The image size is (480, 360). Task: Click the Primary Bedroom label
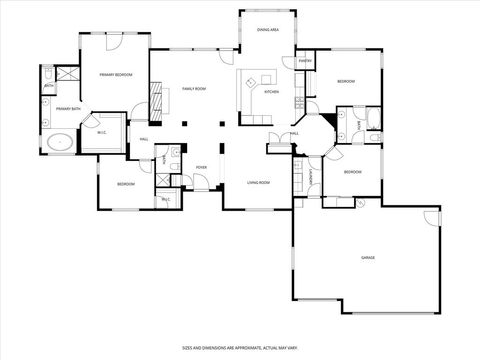click(116, 75)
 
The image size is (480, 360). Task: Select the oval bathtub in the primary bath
click(59, 141)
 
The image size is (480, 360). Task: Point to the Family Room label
click(193, 89)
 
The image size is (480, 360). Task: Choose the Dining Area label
click(267, 30)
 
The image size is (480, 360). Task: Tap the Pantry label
click(306, 61)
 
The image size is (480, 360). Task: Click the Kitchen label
click(271, 92)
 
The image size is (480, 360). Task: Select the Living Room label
click(260, 182)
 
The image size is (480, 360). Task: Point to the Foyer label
click(201, 167)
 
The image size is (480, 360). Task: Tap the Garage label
click(368, 257)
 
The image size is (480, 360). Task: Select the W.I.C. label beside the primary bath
click(102, 132)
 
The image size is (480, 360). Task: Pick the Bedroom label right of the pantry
click(346, 81)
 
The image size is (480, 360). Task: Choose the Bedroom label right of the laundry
click(352, 172)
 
